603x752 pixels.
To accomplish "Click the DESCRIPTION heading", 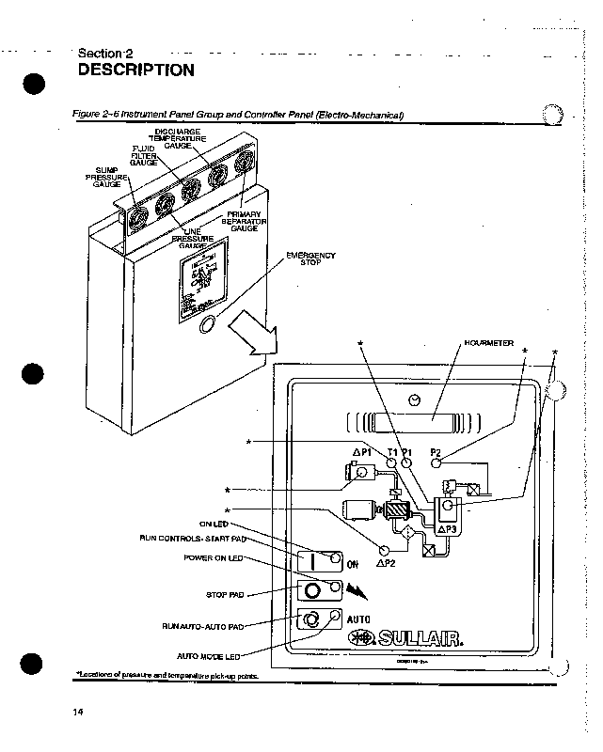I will (x=136, y=70).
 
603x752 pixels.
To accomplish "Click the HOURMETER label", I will (x=489, y=344).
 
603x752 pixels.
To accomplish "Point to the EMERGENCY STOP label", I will (x=317, y=258).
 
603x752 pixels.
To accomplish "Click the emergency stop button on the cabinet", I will (x=209, y=326).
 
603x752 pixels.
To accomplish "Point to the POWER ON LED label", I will (x=214, y=557).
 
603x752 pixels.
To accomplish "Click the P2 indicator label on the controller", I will (x=436, y=452).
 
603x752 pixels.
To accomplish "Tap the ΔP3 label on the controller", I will (x=446, y=530).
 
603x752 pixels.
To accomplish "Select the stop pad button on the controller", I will (x=311, y=590).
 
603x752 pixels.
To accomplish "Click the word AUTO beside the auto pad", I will (x=359, y=619).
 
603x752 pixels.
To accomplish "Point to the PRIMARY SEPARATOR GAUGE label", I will (x=244, y=221).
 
